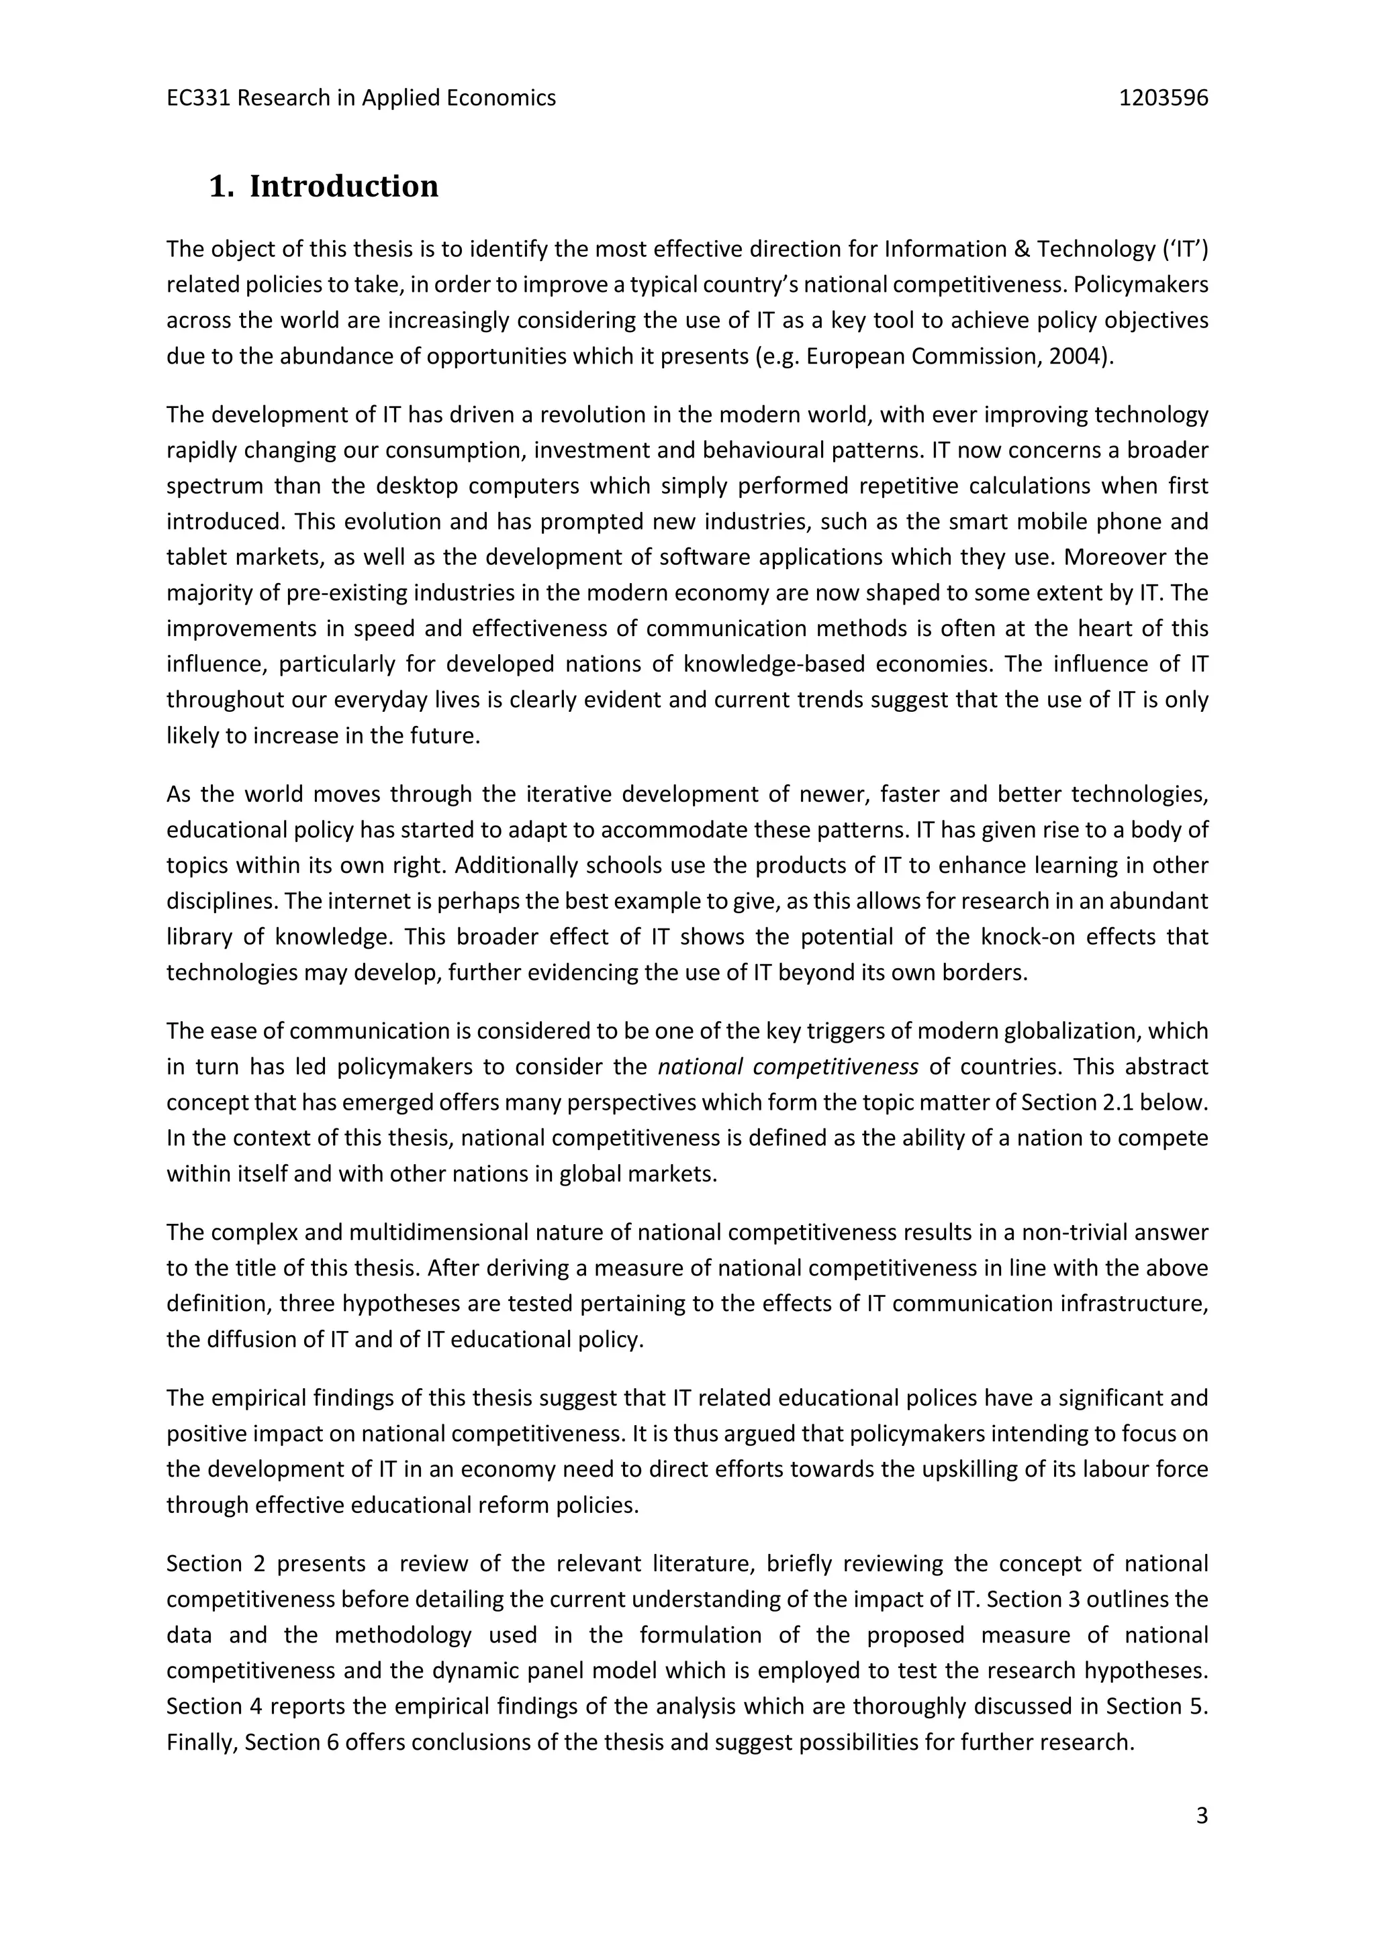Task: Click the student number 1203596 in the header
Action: tap(1164, 98)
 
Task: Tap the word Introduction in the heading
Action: tap(344, 186)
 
